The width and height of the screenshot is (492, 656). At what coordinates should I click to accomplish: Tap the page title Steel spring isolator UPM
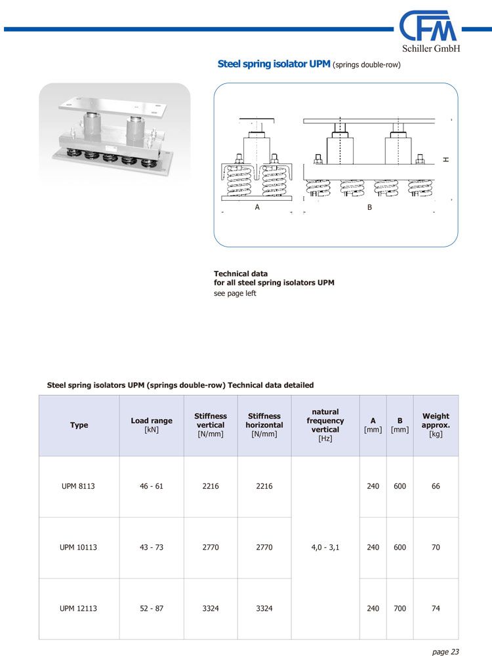[x=274, y=64]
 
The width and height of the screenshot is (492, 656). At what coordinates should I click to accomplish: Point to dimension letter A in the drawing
[x=257, y=207]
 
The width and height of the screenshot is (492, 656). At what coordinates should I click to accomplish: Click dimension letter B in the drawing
[x=369, y=207]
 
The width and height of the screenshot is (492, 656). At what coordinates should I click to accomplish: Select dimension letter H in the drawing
[x=446, y=159]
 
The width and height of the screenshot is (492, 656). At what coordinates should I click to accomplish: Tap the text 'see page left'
[x=235, y=293]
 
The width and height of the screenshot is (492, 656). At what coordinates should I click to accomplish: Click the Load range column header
[x=152, y=425]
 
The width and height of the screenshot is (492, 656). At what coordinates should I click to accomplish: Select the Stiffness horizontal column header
[x=264, y=424]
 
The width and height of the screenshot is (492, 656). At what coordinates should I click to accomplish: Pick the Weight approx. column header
[x=436, y=424]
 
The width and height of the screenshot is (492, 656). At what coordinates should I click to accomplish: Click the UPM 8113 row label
[x=79, y=486]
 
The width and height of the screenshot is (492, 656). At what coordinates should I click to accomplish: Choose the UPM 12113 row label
[x=79, y=608]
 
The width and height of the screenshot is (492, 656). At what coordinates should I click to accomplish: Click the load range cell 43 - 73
[x=152, y=547]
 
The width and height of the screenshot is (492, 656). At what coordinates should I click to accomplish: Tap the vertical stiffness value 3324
[x=211, y=608]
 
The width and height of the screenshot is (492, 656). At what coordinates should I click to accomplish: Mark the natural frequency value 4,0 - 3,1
[x=325, y=547]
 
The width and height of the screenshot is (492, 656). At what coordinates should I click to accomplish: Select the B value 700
[x=400, y=608]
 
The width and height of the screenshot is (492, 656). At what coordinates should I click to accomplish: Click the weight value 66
[x=436, y=486]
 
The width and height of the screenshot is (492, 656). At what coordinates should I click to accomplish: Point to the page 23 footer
[x=445, y=651]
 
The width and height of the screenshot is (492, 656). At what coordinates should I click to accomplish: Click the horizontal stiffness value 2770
[x=264, y=547]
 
